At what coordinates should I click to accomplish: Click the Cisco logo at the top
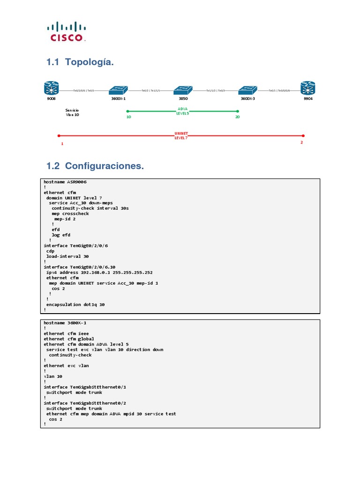66,31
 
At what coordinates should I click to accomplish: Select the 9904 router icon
308,88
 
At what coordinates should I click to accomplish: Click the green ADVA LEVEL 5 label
182,111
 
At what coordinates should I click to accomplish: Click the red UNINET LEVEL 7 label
181,135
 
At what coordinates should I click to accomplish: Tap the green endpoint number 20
237,117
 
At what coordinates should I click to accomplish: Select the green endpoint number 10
129,117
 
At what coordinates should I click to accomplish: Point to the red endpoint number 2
301,142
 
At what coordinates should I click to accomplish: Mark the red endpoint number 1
62,144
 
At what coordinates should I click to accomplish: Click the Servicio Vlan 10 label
72,112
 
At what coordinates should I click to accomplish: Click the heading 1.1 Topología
80,62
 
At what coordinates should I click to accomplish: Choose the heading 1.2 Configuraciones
95,166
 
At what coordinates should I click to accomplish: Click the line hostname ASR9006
65,182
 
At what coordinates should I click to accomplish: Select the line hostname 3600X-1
65,323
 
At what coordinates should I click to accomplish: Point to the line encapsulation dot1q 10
75,305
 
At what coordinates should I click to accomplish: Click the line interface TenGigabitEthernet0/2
85,403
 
